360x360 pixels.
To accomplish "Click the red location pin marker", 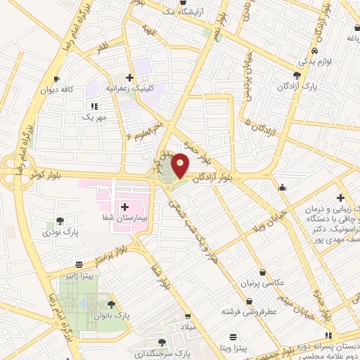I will click(x=181, y=165).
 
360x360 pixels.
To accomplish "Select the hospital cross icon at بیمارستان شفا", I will click(x=125, y=207).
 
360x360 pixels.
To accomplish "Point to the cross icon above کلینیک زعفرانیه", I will click(x=129, y=77).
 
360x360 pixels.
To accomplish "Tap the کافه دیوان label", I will click(x=56, y=90).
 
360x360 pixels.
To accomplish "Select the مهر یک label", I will click(x=93, y=117).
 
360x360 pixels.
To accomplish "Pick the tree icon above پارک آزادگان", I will click(x=298, y=75).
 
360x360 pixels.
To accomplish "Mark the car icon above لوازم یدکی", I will click(x=317, y=52).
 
